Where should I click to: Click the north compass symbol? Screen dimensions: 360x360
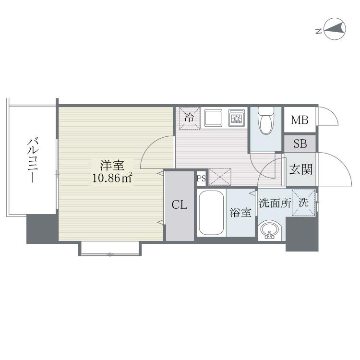334,29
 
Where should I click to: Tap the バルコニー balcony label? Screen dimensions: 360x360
32,160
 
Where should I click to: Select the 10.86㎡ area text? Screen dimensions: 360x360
112,178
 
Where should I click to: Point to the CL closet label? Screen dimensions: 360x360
180,205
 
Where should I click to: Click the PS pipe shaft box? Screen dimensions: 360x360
201,179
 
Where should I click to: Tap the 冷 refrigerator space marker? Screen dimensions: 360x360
190,118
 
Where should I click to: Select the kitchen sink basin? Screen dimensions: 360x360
214,118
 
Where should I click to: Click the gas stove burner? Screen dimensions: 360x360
237,118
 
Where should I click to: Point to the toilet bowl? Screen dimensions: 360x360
266,121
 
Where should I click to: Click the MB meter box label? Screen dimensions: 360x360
300,120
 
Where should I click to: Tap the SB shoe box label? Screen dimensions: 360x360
300,144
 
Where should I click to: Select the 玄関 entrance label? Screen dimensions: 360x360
301,169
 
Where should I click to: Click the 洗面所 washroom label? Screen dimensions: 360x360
275,203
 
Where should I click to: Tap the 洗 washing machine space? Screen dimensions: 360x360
303,203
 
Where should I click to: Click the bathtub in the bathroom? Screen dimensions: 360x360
212,213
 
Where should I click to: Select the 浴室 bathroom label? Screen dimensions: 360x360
240,213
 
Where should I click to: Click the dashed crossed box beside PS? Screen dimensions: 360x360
220,177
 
